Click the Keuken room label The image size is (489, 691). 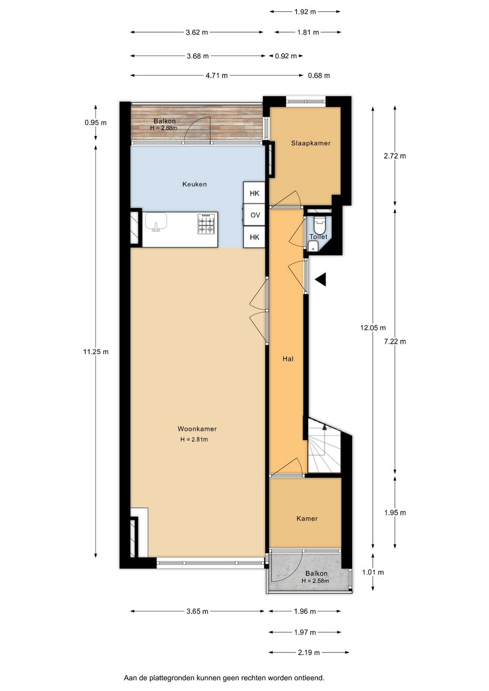pyautogui.click(x=194, y=184)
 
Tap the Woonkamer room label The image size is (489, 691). pyautogui.click(x=197, y=429)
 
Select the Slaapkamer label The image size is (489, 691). pyautogui.click(x=311, y=143)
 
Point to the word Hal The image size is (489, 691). pyautogui.click(x=288, y=359)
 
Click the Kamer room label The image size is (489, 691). pyautogui.click(x=307, y=519)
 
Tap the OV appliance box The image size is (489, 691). pyautogui.click(x=255, y=215)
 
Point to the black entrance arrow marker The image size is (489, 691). pyautogui.click(x=321, y=279)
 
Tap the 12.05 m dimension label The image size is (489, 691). pyautogui.click(x=373, y=328)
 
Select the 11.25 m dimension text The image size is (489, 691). pyautogui.click(x=95, y=352)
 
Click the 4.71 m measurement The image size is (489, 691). pyautogui.click(x=216, y=76)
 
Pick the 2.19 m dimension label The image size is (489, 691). pyautogui.click(x=309, y=653)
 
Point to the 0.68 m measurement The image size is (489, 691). pyautogui.click(x=319, y=76)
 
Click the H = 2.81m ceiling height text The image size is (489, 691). pyautogui.click(x=194, y=440)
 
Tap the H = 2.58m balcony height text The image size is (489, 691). pyautogui.click(x=315, y=581)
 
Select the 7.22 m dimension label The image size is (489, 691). pyautogui.click(x=395, y=342)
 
